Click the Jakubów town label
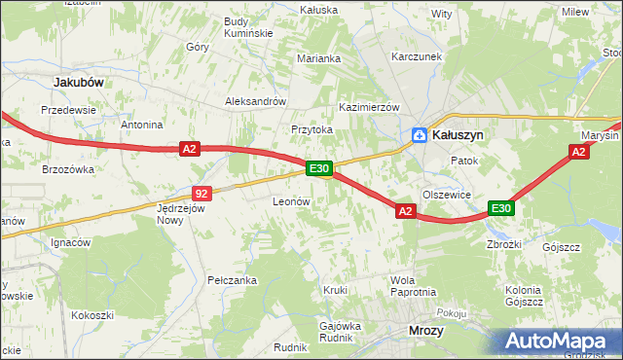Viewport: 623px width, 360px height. tap(79, 83)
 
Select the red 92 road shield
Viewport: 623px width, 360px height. tap(202, 194)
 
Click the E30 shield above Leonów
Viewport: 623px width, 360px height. tap(320, 168)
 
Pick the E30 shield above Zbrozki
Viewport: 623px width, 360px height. tap(501, 208)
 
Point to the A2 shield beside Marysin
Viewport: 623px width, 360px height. tap(579, 152)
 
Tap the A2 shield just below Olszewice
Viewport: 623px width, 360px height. tap(406, 210)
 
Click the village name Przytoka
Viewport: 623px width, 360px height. tap(311, 128)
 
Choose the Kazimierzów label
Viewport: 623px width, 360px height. tap(369, 106)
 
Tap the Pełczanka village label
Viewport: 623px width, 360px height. tap(232, 280)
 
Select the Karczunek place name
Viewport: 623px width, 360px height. tap(417, 56)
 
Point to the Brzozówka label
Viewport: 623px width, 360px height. tap(67, 168)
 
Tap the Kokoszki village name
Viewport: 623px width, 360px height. tap(92, 315)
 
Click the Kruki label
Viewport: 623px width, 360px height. tap(335, 290)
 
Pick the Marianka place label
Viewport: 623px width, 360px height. tap(319, 58)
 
